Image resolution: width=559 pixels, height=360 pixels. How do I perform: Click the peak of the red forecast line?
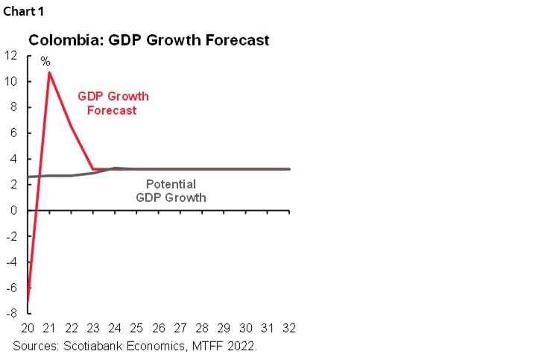pos(49,72)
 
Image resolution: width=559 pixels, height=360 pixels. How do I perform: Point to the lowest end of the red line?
pos(29,300)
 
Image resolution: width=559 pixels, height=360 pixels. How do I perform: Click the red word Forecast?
pos(112,110)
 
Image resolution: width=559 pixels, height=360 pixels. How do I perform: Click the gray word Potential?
pos(171,184)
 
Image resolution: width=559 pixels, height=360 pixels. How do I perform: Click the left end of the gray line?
pos(30,177)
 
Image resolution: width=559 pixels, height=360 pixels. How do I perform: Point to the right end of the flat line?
pos(290,168)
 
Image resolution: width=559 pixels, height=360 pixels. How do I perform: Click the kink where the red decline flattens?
pos(92,168)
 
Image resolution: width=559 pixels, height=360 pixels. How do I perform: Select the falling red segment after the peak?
pos(71,121)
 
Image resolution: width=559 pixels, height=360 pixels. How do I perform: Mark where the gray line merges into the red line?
pos(113,168)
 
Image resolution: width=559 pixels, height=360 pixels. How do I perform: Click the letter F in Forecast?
pos(89,110)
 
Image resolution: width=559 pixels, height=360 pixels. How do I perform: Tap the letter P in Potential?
pos(149,184)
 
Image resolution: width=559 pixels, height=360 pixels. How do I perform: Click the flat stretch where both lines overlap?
pos(201,168)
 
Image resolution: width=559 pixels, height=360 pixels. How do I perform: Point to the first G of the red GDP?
pos(82,97)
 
